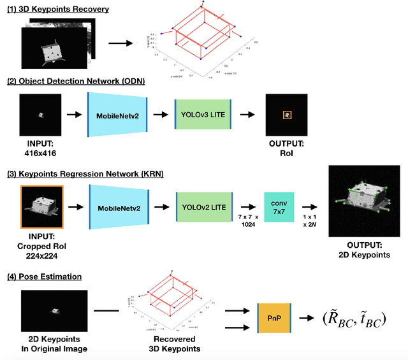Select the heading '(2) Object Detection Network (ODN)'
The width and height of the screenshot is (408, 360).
pyautogui.click(x=75, y=81)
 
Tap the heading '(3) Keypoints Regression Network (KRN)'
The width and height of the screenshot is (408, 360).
pyautogui.click(x=85, y=173)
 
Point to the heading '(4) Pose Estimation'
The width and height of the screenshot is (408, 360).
pyautogui.click(x=44, y=277)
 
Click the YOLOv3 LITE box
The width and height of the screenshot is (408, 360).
pyautogui.click(x=205, y=115)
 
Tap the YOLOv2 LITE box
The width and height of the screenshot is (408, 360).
pyautogui.click(x=205, y=208)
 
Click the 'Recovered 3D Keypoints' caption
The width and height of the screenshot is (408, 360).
pyautogui.click(x=174, y=343)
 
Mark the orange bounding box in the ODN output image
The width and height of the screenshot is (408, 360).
pyautogui.click(x=288, y=115)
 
